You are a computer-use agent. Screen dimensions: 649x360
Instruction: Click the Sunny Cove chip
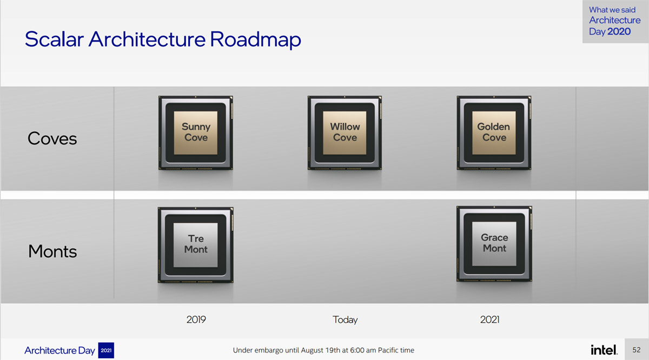(x=196, y=132)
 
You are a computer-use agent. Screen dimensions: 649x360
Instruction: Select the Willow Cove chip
(x=345, y=132)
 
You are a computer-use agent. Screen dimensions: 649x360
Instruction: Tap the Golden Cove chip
(x=494, y=132)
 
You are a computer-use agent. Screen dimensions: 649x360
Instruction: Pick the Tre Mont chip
(x=196, y=245)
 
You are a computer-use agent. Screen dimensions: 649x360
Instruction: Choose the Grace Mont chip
(x=494, y=244)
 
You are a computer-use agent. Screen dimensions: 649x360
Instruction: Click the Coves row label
(x=52, y=138)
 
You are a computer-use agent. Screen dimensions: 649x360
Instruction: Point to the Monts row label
(x=52, y=251)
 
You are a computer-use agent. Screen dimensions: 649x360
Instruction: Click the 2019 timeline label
(x=196, y=319)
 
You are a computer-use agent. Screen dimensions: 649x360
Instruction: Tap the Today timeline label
(x=345, y=320)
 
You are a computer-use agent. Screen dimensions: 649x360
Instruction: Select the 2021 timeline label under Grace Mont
(x=489, y=319)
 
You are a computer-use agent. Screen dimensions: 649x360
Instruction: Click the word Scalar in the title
(x=54, y=39)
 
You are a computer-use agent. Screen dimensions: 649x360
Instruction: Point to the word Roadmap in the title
(x=255, y=39)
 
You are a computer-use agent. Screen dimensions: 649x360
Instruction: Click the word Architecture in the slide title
(x=147, y=39)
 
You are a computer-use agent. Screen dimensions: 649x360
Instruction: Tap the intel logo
(x=604, y=350)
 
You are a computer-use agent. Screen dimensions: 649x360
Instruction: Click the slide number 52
(x=636, y=350)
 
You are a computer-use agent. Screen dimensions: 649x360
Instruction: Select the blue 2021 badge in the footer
(x=106, y=350)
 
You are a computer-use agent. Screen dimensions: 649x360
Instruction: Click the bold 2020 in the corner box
(x=619, y=31)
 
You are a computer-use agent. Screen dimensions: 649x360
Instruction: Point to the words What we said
(x=612, y=10)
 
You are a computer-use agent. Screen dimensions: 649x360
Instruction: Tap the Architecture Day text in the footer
(x=59, y=350)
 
